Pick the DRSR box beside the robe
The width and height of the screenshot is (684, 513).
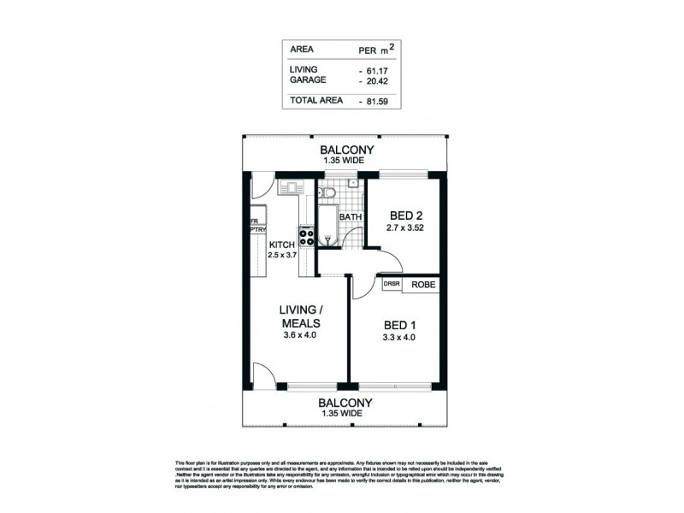pos(392,285)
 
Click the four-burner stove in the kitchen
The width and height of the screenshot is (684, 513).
pos(305,233)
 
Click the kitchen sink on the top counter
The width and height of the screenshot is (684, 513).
pos(292,186)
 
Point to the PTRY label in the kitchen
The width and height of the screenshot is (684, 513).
pos(256,229)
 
